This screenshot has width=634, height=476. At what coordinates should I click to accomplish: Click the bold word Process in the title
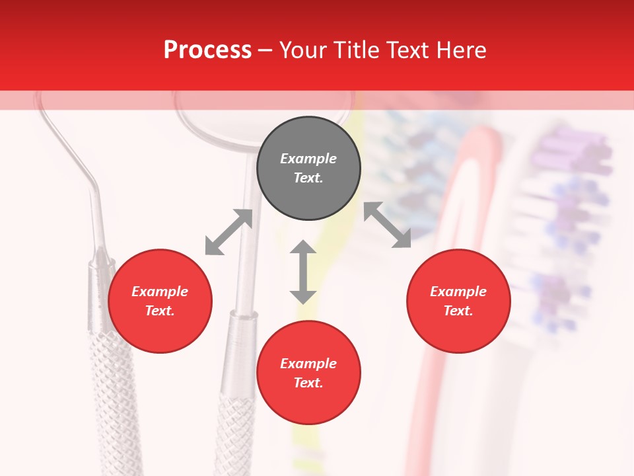(x=207, y=50)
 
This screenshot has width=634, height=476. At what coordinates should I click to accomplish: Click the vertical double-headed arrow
(x=303, y=272)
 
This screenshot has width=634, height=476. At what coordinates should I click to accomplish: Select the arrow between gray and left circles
(x=229, y=232)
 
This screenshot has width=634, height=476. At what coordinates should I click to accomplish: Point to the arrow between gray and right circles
(x=388, y=225)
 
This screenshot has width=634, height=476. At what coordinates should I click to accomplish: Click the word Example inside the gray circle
(x=308, y=159)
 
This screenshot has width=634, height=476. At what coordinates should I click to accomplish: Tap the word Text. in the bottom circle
(x=308, y=383)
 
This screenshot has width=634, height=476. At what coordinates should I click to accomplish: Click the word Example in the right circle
(x=458, y=292)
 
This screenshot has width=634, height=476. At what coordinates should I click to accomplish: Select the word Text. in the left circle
(x=160, y=311)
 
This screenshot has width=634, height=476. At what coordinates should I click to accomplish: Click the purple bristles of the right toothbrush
(x=568, y=152)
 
